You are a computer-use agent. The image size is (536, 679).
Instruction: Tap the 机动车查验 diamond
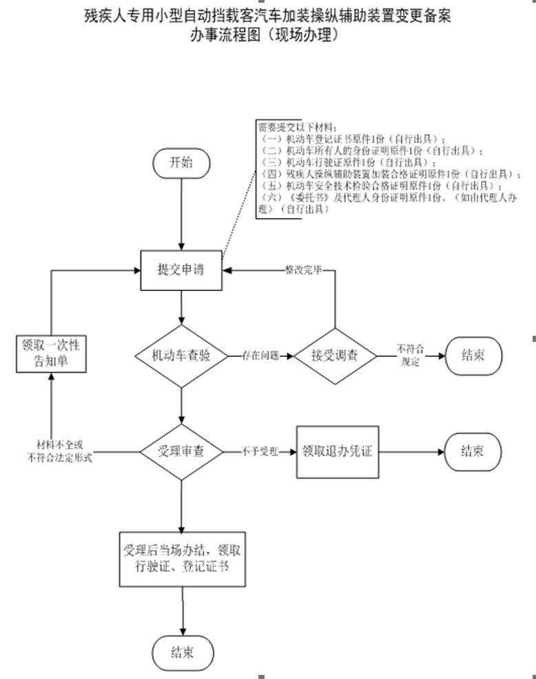(x=181, y=356)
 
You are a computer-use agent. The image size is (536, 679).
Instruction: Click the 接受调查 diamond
(x=335, y=356)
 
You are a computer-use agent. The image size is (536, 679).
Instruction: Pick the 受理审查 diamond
(x=181, y=452)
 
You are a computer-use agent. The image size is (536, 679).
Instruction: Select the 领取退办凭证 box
(x=338, y=453)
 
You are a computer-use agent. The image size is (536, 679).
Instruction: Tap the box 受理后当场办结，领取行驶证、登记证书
(x=182, y=558)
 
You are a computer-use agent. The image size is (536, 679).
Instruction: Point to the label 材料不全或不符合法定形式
(x=59, y=452)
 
